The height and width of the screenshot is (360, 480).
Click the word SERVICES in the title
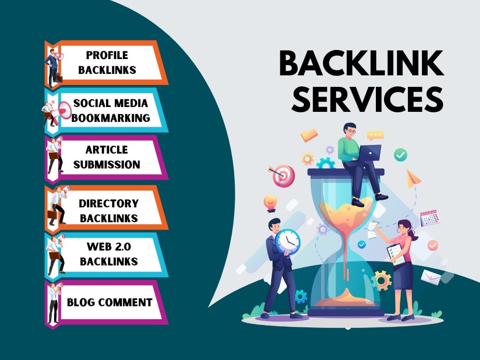pos(367,99)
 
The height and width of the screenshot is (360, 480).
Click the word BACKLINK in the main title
pos(361,63)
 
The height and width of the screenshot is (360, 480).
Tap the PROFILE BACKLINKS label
pos(107,62)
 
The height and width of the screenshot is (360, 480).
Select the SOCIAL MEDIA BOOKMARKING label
pos(110,110)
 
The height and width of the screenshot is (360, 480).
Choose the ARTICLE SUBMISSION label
pos(107,157)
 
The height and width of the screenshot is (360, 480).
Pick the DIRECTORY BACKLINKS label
pos(108,211)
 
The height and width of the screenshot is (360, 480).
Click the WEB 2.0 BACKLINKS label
pos(108,254)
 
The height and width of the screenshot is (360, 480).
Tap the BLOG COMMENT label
pos(109,302)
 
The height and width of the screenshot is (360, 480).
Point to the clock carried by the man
pos(288,241)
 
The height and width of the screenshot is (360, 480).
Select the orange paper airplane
pos(413,178)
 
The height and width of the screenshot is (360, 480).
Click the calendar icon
pos(430,217)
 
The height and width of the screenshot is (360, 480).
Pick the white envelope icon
pos(431,277)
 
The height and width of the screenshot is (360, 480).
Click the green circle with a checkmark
pos(400,155)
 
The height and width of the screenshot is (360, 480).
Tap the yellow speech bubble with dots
pos(375,135)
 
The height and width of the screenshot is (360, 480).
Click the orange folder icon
pos(309,135)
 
